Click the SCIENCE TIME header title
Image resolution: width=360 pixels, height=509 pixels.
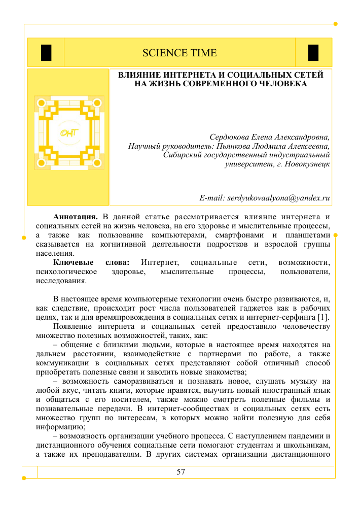click(x=179, y=53)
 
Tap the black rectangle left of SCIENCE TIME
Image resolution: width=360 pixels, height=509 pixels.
click(x=46, y=52)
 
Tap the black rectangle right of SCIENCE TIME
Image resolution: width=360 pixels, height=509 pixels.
click(x=313, y=52)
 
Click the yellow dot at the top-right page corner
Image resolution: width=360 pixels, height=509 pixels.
click(x=335, y=24)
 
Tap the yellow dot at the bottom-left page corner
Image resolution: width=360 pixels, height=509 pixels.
click(x=24, y=478)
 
